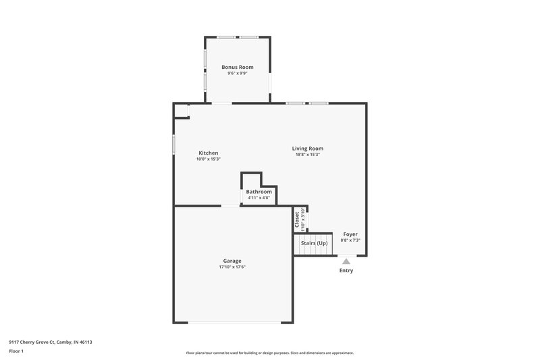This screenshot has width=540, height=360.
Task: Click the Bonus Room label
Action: click(x=238, y=67)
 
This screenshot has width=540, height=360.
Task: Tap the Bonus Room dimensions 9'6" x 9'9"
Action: click(x=238, y=73)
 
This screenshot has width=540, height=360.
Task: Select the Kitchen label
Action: click(x=208, y=153)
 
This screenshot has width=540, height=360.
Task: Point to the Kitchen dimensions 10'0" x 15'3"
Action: click(x=208, y=159)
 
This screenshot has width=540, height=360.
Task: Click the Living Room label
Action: click(x=307, y=149)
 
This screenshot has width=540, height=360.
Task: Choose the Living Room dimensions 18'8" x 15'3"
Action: click(x=307, y=155)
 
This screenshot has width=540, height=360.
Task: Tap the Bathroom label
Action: click(x=259, y=192)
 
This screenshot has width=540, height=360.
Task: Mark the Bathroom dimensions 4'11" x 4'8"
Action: click(x=259, y=198)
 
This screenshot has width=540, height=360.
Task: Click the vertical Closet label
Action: click(x=297, y=219)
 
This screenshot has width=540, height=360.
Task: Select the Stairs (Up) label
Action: click(x=314, y=243)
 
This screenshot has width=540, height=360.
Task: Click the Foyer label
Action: click(x=350, y=234)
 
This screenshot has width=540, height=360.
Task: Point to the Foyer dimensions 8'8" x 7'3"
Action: click(x=350, y=240)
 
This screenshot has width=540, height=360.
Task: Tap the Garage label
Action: click(x=232, y=261)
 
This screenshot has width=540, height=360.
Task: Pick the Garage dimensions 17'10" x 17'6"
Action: click(x=232, y=267)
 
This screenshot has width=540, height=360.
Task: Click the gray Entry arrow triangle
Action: click(x=346, y=261)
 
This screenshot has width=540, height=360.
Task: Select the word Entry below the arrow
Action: click(x=346, y=271)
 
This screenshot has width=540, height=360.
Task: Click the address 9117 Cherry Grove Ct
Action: click(x=51, y=342)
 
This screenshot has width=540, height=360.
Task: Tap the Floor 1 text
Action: click(x=16, y=352)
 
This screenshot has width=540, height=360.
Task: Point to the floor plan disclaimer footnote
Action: click(x=269, y=353)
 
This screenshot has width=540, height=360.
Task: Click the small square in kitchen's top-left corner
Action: click(x=181, y=111)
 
